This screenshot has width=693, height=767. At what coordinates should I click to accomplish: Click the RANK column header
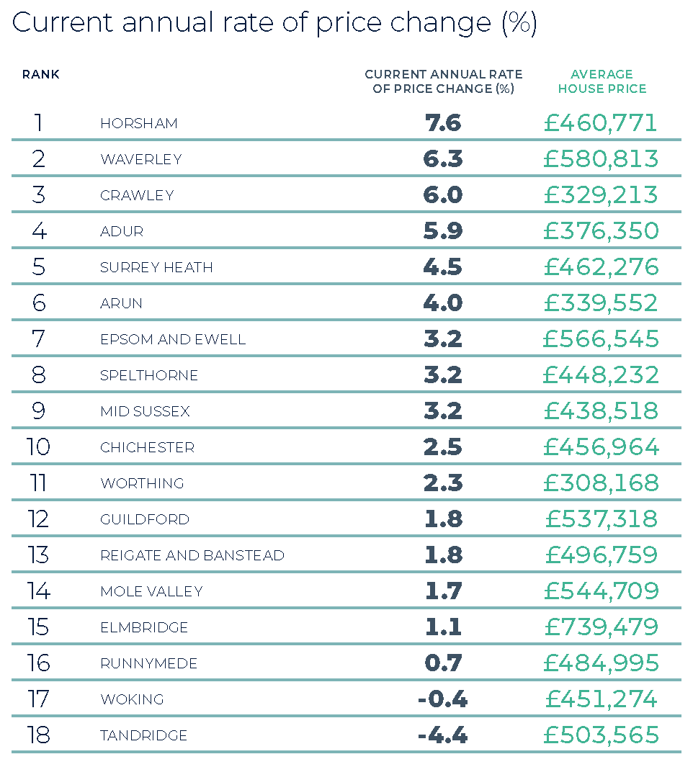(x=41, y=74)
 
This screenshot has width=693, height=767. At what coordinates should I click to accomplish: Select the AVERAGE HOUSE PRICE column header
(x=602, y=81)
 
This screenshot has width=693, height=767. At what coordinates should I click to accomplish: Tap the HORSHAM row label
(x=139, y=123)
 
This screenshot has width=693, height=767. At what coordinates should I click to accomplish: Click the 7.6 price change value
(x=443, y=123)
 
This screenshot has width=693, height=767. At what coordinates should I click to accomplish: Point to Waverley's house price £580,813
(x=601, y=159)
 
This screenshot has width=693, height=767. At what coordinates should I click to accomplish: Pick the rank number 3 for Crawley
(x=38, y=195)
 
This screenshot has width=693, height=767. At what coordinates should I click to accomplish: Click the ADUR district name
(x=122, y=231)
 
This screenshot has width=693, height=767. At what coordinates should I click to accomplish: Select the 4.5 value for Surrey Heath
(x=443, y=267)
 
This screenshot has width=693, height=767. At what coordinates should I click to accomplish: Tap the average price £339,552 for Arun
(x=601, y=303)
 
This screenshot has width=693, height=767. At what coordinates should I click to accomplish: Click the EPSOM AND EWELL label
(x=173, y=339)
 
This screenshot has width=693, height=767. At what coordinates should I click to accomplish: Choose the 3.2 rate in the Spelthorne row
(x=443, y=375)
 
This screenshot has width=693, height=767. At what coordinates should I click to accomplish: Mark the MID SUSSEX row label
(x=145, y=411)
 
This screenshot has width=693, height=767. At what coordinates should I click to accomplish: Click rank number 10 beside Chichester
(x=38, y=447)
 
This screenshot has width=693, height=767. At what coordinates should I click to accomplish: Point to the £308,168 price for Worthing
(x=601, y=483)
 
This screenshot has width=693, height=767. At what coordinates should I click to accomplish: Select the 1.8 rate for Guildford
(x=443, y=519)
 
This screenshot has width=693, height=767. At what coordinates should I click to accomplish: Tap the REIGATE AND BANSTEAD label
(x=192, y=555)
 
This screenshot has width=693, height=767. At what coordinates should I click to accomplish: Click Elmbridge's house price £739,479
(x=601, y=627)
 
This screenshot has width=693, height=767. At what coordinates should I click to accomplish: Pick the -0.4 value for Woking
(x=442, y=699)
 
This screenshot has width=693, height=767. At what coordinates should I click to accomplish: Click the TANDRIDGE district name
(x=144, y=735)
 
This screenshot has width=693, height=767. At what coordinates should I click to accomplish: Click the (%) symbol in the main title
(x=519, y=24)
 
